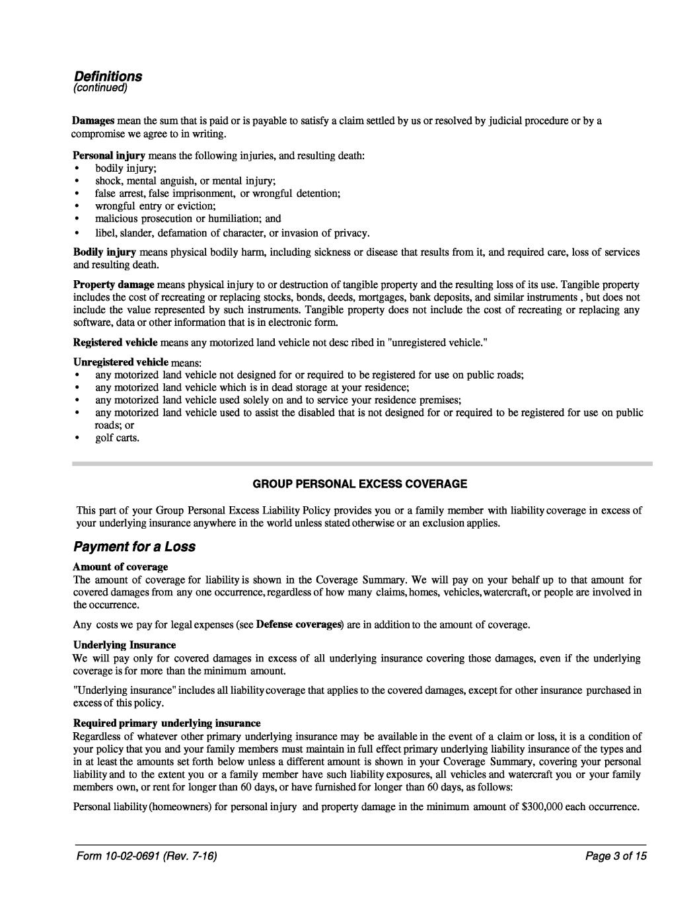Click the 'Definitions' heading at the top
[x=108, y=77]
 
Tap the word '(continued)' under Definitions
[x=100, y=88]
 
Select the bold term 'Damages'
[x=93, y=121]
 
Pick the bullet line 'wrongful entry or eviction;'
[x=151, y=206]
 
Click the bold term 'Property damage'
[x=113, y=284]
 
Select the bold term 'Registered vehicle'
[x=115, y=342]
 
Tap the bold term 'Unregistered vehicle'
[x=120, y=362]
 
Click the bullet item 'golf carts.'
[x=117, y=437]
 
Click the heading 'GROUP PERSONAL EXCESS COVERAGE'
[x=360, y=484]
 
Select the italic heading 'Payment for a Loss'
[x=134, y=547]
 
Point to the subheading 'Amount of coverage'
[x=120, y=566]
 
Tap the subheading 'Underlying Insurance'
[x=124, y=644]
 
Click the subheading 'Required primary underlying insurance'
[x=166, y=722]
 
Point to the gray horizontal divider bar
[x=362, y=464]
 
